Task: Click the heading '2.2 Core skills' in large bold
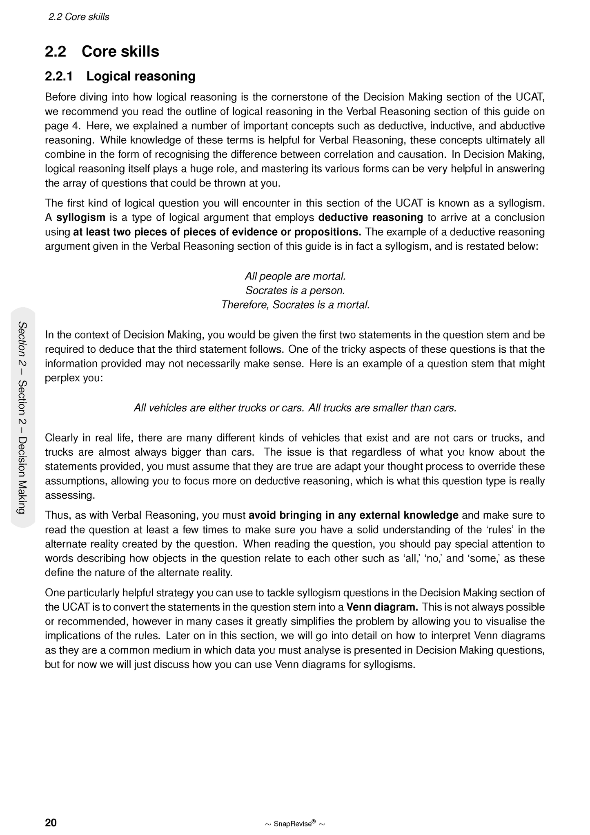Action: (102, 51)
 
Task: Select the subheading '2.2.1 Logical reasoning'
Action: (120, 76)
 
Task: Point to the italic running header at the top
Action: (79, 17)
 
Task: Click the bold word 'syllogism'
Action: (81, 217)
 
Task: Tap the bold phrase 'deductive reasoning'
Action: (370, 217)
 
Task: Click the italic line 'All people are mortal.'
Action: (295, 276)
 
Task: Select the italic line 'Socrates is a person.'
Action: (295, 291)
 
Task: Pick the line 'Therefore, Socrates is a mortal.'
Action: (295, 305)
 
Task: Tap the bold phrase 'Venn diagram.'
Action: (382, 607)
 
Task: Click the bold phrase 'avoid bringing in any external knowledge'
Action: (354, 515)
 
